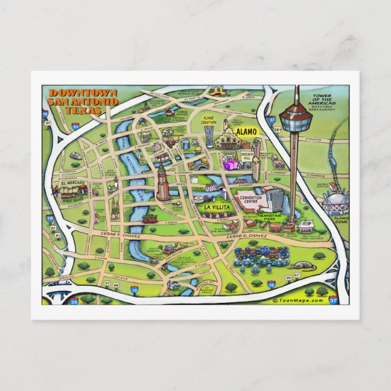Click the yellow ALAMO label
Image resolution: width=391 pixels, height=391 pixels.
(246, 131)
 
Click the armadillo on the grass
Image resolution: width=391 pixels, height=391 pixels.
(301, 265)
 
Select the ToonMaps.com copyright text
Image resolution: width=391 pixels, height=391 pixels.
(298, 299)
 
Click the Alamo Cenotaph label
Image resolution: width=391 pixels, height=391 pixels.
(208, 120)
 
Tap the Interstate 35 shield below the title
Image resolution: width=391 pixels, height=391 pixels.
(75, 127)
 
